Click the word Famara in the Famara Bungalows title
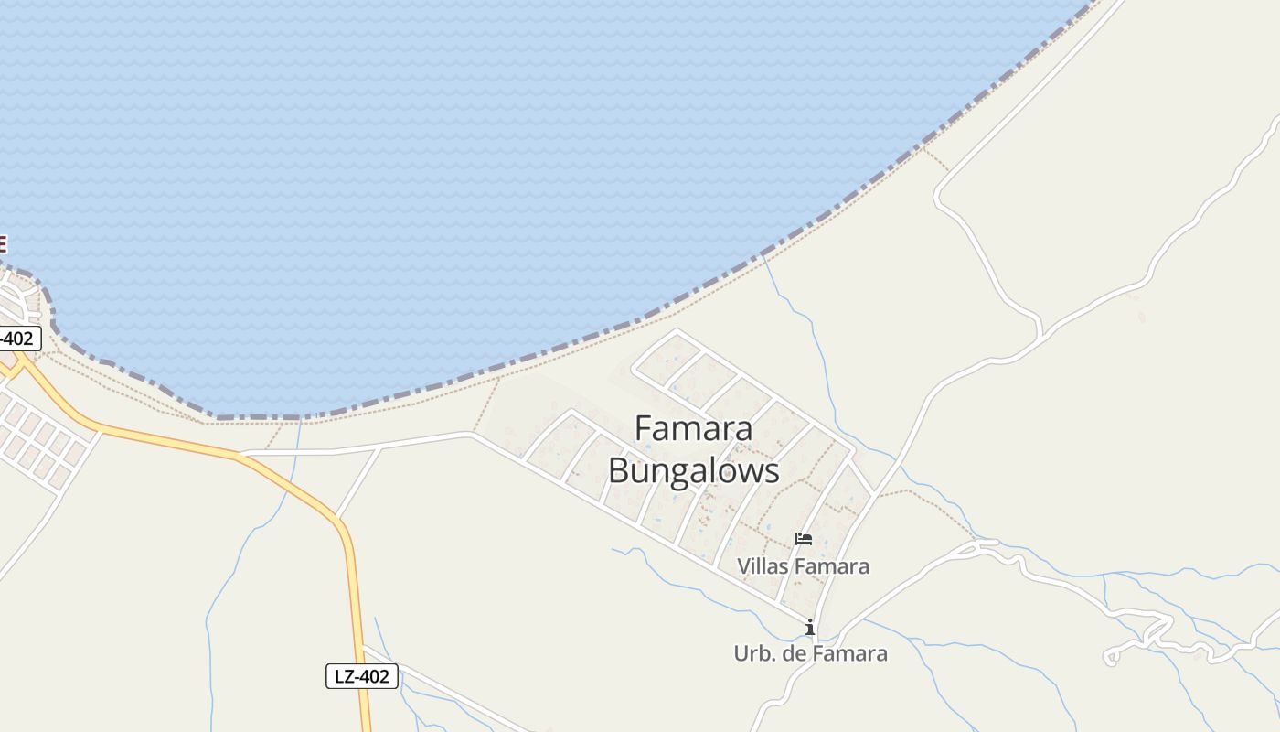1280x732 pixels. point(693,428)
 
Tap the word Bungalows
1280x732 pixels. point(693,471)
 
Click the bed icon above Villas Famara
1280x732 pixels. point(804,539)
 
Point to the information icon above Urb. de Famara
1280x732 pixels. point(809,627)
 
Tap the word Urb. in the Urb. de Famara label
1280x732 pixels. point(754,654)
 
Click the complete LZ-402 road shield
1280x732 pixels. point(362,677)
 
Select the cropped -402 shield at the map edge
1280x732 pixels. point(18,339)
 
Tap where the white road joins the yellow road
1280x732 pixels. point(240,453)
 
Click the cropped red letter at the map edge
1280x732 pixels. point(3,244)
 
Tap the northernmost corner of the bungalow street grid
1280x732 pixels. point(677,330)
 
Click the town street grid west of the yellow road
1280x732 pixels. point(41,439)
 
